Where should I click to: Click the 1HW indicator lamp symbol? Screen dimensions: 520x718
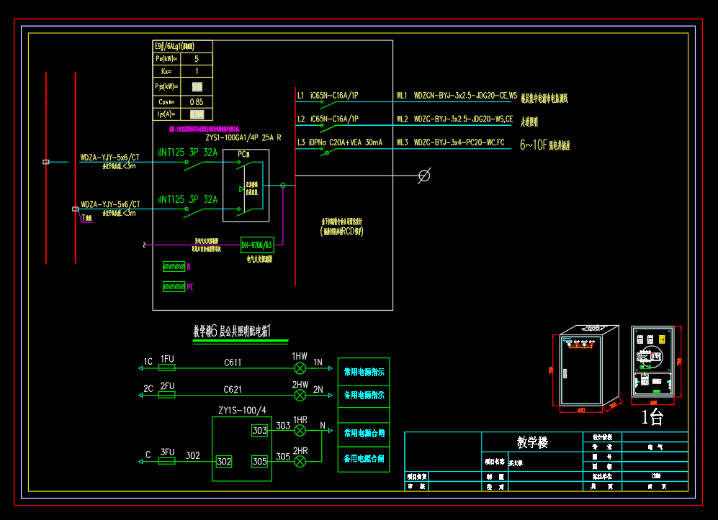pos(300,368)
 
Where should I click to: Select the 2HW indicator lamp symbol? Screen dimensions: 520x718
pos(300,394)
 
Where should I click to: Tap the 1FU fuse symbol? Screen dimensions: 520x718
pos(166,368)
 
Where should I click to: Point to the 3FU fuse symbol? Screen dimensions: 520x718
pos(166,461)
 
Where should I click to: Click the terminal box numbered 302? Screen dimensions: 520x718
pos(224,461)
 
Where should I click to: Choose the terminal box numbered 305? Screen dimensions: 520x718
pos(259,460)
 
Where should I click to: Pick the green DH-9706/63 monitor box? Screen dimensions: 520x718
pos(257,245)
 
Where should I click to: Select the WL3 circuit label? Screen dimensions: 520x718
pos(401,143)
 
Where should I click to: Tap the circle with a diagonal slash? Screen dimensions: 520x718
pos(425,175)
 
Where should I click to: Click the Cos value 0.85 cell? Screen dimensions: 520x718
pos(197,102)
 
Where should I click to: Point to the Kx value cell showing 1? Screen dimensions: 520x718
pos(197,72)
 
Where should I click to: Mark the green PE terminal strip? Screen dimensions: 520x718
pos(174,286)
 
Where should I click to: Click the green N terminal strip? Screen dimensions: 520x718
pos(174,266)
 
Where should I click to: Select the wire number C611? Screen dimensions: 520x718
pos(233,362)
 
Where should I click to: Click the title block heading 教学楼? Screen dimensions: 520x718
pos(533,442)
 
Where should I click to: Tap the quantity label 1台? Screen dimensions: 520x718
pos(652,417)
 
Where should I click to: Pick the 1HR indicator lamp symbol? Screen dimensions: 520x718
pos(300,430)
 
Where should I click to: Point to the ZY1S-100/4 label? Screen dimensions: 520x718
pos(243,411)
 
